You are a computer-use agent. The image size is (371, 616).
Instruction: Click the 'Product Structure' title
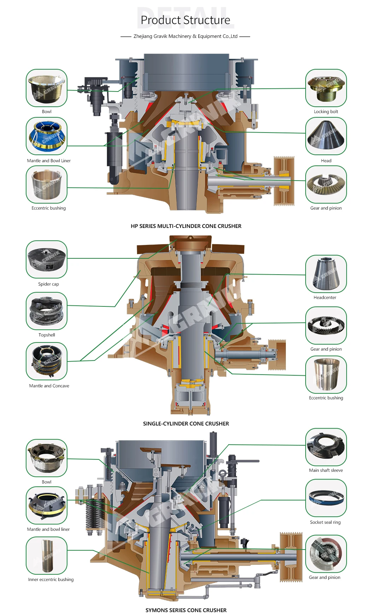185,20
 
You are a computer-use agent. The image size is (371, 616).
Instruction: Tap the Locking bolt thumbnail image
326,88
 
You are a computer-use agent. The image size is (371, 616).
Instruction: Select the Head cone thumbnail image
326,136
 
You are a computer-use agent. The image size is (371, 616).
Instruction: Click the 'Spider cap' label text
48,284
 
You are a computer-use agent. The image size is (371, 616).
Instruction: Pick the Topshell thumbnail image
46,311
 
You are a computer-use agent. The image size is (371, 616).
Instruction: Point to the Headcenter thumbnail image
326,274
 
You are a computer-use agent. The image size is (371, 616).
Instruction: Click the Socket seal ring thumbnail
326,498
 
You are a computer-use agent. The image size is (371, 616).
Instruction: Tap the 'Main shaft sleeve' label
326,470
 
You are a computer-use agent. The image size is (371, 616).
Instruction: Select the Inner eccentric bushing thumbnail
46,556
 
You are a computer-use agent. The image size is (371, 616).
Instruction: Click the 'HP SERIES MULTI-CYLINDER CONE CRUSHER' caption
186,226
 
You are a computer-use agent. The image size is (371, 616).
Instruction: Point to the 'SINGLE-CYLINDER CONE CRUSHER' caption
186,423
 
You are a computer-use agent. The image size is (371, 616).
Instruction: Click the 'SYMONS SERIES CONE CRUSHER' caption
186,610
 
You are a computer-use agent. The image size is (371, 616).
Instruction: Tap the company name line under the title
185,36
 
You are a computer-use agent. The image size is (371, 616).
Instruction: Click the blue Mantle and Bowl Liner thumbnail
46,136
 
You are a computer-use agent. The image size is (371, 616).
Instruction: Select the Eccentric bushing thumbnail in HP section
46,184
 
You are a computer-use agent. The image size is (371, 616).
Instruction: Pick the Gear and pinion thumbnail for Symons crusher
326,554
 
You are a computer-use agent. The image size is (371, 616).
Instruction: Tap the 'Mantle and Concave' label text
49,386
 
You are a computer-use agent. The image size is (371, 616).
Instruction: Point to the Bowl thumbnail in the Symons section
46,458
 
